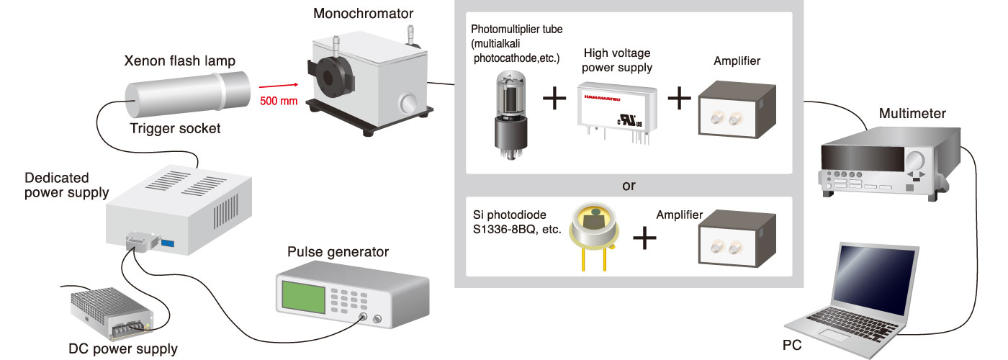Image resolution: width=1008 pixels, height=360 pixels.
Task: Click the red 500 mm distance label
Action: (278, 100)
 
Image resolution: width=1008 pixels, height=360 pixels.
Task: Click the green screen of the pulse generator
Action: (303, 297)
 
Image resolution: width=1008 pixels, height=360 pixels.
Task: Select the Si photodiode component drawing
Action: (594, 234)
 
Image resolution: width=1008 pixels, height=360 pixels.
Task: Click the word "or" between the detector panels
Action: (629, 186)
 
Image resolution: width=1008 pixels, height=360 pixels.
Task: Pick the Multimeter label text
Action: (913, 114)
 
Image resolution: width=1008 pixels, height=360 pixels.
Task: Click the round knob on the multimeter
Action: (916, 160)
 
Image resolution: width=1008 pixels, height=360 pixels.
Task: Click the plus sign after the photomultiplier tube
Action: (554, 99)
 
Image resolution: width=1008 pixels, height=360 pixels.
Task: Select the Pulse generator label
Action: (338, 252)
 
